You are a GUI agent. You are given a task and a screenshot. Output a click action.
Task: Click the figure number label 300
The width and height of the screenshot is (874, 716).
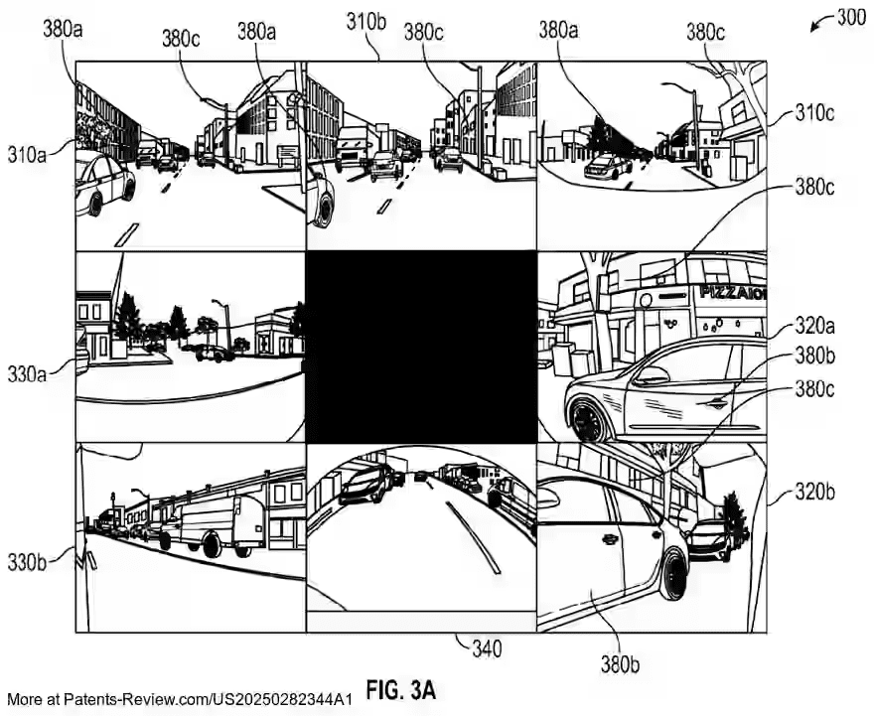point(852,18)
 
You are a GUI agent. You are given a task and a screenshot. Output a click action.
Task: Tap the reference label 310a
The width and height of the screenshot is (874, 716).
point(27,154)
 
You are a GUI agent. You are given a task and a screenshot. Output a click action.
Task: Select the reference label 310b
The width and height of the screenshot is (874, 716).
point(365,22)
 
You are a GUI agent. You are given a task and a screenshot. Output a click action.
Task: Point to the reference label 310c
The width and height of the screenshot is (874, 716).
point(814,113)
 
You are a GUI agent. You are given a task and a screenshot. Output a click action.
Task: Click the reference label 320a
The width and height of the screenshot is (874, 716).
point(814,325)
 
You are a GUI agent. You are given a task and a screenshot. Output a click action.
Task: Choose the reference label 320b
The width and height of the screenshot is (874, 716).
point(814,492)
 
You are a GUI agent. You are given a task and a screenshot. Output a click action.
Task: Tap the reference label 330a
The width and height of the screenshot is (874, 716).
point(27,373)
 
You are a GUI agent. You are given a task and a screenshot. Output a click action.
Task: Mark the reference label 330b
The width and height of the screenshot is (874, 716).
point(27,563)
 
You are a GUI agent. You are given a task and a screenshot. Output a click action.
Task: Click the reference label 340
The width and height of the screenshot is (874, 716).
point(487,648)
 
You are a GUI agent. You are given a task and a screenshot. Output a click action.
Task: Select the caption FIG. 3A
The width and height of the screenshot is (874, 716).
point(401,690)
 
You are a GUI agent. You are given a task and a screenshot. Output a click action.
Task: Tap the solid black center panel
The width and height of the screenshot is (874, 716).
point(421,346)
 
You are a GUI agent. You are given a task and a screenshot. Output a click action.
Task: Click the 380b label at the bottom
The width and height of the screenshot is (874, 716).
point(620,663)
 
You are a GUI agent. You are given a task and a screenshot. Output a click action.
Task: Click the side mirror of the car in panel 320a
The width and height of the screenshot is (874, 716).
point(652,376)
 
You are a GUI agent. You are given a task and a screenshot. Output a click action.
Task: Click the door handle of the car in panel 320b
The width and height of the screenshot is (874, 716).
point(608,539)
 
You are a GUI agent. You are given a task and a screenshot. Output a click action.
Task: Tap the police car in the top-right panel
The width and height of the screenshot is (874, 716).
point(609,166)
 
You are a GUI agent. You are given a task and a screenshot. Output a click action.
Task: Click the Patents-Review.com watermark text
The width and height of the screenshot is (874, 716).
point(180,699)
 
